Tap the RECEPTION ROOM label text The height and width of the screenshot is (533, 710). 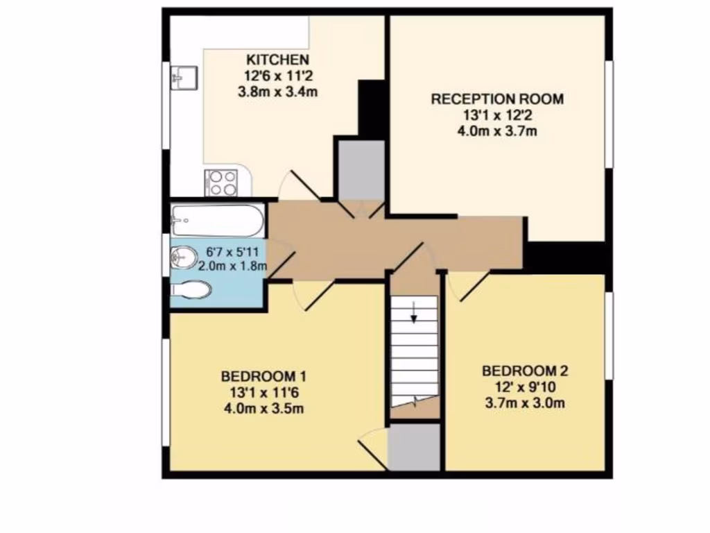(x=497, y=99)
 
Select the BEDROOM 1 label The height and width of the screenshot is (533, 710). (x=263, y=376)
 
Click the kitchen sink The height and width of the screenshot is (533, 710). (x=183, y=77)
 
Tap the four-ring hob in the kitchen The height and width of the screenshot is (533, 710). (x=221, y=183)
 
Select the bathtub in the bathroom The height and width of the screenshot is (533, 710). (x=218, y=219)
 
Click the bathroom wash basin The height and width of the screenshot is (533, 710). (x=182, y=258)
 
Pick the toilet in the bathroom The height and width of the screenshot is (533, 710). (x=190, y=289)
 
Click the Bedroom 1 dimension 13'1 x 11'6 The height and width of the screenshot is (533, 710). (x=263, y=392)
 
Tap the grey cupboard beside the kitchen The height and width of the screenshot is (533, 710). (x=361, y=170)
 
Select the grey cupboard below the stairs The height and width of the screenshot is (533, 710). (x=414, y=447)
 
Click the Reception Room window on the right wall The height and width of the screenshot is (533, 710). (x=609, y=115)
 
